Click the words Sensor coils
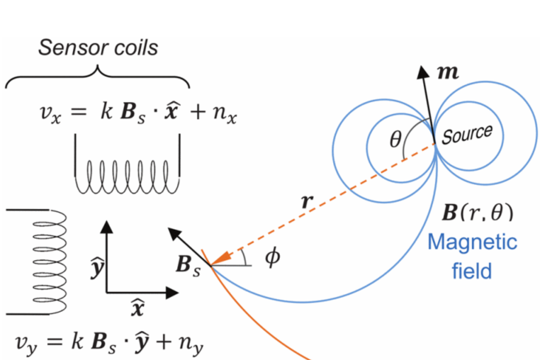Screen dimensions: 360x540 click(98, 47)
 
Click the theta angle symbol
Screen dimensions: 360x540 click(394, 140)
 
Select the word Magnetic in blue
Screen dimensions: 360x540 click(472, 243)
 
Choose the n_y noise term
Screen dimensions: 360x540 click(189, 339)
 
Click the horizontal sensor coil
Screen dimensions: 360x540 click(127, 176)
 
